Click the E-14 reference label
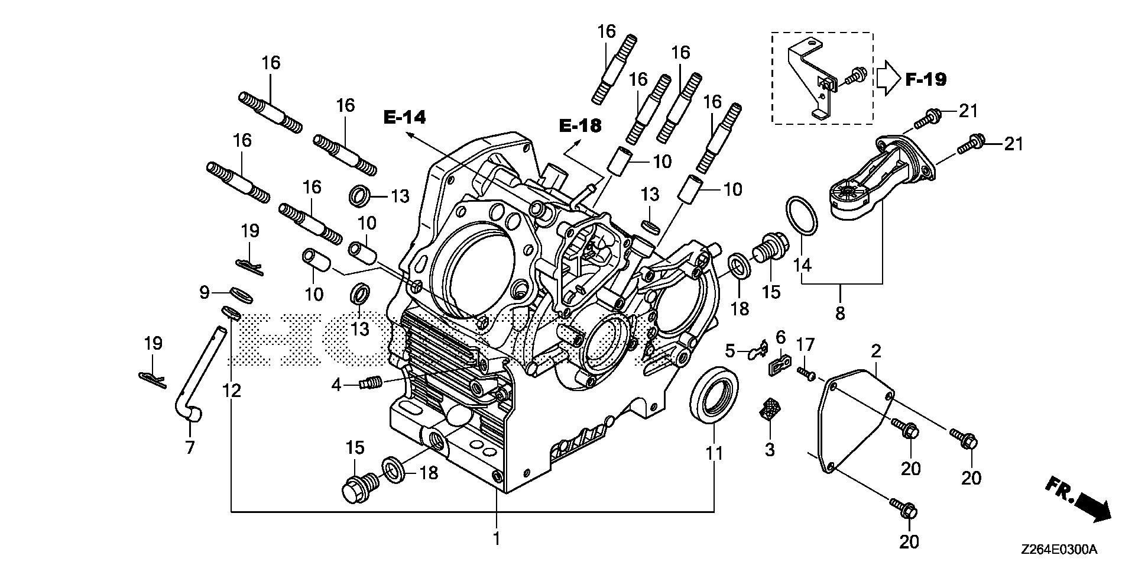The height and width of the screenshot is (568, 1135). [x=404, y=117]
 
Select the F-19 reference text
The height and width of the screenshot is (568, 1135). [x=926, y=79]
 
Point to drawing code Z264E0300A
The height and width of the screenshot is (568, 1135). [x=1058, y=550]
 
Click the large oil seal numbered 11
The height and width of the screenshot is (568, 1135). [x=715, y=395]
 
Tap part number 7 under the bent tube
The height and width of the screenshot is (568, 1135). [x=190, y=448]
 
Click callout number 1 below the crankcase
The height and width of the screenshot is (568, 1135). [x=497, y=539]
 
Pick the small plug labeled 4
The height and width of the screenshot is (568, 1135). [x=371, y=383]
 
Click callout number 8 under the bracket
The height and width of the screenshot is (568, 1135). [x=840, y=313]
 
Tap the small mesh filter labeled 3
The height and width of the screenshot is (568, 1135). [x=769, y=409]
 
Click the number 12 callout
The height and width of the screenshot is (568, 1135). [x=232, y=390]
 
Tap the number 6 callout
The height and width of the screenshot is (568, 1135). [x=780, y=338]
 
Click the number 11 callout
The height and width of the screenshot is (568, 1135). [x=714, y=454]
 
